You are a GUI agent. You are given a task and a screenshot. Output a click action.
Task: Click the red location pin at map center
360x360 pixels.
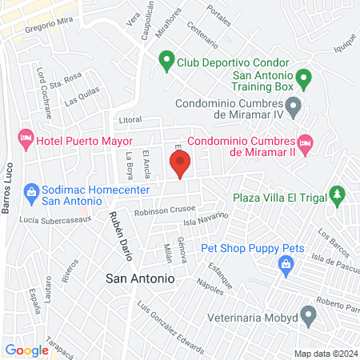[x=181, y=166]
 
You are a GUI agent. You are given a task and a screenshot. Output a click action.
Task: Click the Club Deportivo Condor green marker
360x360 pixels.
[x=166, y=58]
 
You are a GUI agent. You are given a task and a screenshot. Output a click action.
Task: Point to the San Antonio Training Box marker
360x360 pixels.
[x=303, y=78]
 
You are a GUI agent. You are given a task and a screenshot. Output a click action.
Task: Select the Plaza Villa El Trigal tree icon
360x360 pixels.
[x=338, y=194]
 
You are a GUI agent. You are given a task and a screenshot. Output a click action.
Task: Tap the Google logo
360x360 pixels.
[x=26, y=350]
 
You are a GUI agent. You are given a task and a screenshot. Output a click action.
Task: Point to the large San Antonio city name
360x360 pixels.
[x=140, y=279]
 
